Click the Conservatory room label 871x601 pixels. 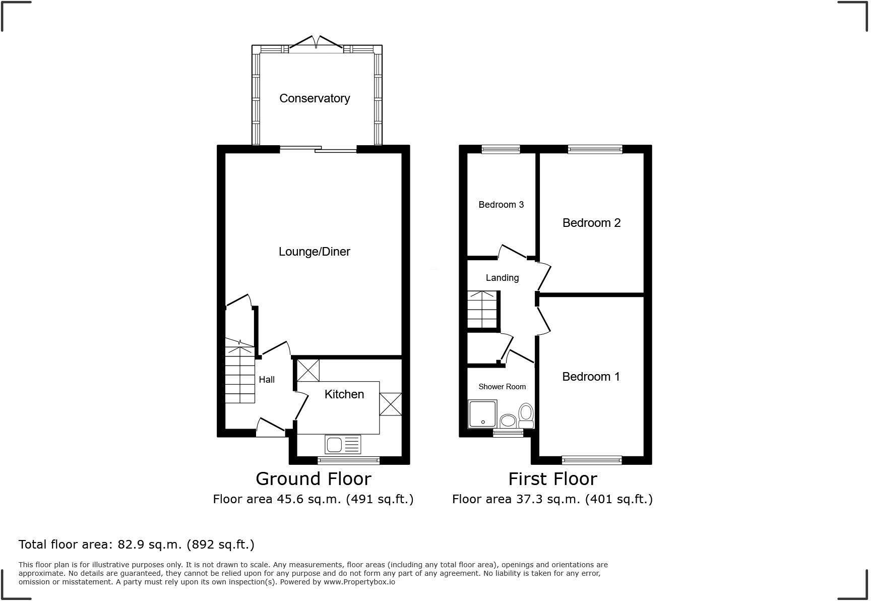pyautogui.click(x=315, y=98)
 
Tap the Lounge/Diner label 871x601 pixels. pyautogui.click(x=314, y=252)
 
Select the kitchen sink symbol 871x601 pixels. pyautogui.click(x=343, y=445)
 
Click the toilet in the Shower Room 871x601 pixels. pyautogui.click(x=526, y=415)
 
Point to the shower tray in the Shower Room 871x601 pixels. pyautogui.click(x=482, y=414)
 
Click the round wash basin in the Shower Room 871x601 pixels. pyautogui.click(x=508, y=420)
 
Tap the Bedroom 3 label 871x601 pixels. pyautogui.click(x=501, y=205)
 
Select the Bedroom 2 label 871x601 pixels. pyautogui.click(x=591, y=223)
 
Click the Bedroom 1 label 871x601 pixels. pyautogui.click(x=591, y=377)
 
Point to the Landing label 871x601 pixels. pyautogui.click(x=502, y=278)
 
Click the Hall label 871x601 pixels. pyautogui.click(x=267, y=380)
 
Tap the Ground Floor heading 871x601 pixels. pyautogui.click(x=313, y=478)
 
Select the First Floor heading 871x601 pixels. pyautogui.click(x=552, y=478)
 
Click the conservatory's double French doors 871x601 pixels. pyautogui.click(x=316, y=43)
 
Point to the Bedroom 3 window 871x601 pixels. pyautogui.click(x=500, y=149)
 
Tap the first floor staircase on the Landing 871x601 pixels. pyautogui.click(x=483, y=310)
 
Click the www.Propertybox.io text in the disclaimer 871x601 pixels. pyautogui.click(x=359, y=582)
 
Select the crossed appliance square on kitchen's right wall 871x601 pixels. pyautogui.click(x=390, y=404)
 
